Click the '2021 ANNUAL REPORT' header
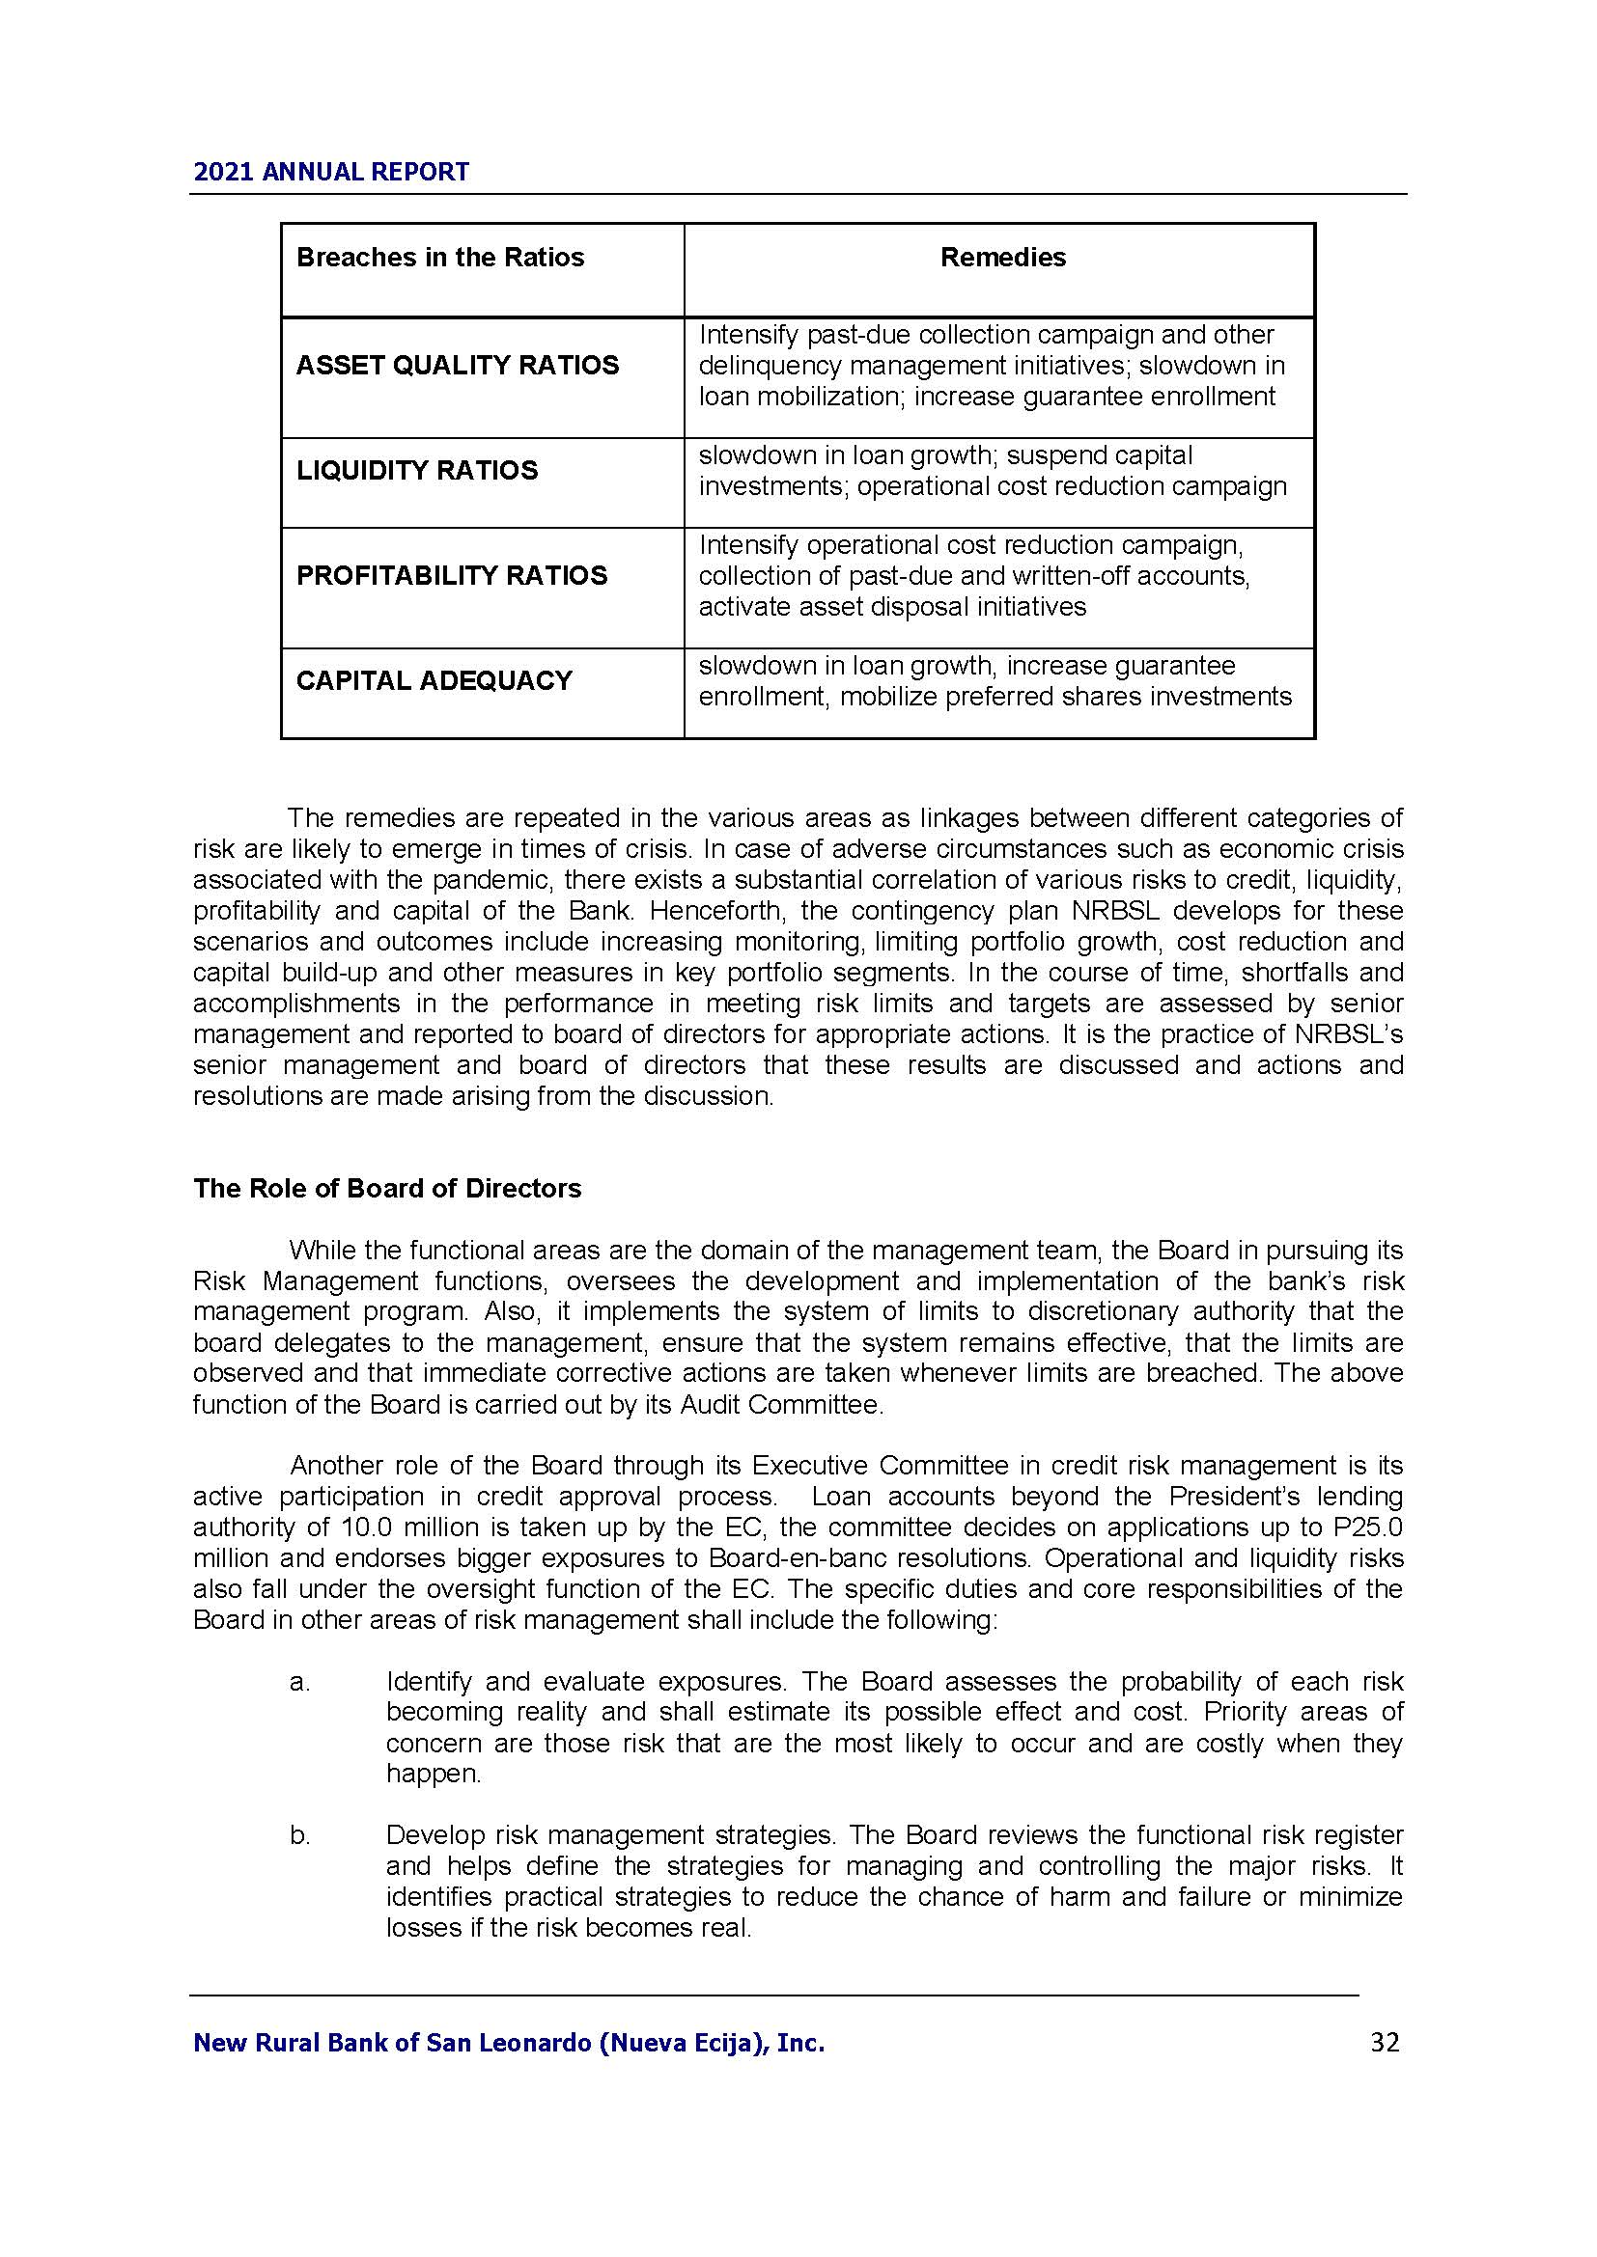point(330,172)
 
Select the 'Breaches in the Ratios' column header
point(439,258)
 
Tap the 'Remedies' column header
point(1002,258)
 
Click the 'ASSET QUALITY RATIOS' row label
point(458,366)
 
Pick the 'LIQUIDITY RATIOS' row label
point(417,470)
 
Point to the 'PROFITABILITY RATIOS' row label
point(451,575)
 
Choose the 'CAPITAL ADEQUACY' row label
point(434,680)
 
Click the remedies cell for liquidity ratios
point(993,471)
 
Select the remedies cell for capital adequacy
point(995,681)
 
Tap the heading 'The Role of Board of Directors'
point(386,1189)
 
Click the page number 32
point(1384,2043)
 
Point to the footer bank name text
point(509,2044)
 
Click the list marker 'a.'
point(300,1682)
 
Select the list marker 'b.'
point(300,1835)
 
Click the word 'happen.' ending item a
point(434,1775)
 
